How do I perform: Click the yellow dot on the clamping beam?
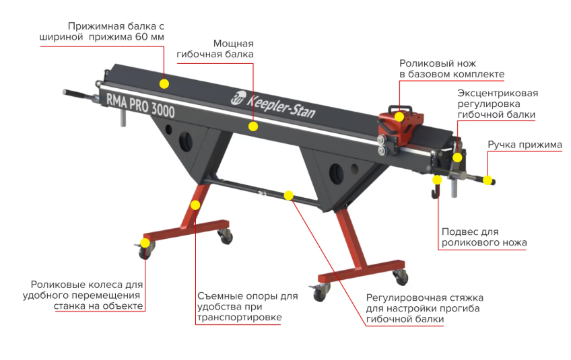pyautogui.click(x=164, y=83)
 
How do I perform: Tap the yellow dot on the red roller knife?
pyautogui.click(x=399, y=117)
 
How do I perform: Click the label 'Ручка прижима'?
pyautogui.click(x=525, y=145)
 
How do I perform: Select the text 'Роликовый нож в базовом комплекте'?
pyautogui.click(x=452, y=69)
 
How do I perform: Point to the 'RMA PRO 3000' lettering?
pyautogui.click(x=141, y=105)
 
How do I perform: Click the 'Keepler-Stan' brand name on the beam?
pyautogui.click(x=281, y=106)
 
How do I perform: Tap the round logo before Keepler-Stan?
pyautogui.click(x=238, y=97)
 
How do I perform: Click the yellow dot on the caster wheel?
pyautogui.click(x=145, y=243)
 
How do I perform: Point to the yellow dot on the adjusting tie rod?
pyautogui.click(x=288, y=195)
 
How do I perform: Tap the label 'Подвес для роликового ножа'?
pyautogui.click(x=484, y=237)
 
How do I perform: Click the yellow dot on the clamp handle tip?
pyautogui.click(x=488, y=180)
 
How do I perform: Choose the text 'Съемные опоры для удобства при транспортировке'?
pyautogui.click(x=247, y=306)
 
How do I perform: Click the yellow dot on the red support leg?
pyautogui.click(x=195, y=205)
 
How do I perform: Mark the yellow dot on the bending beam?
pyautogui.click(x=253, y=127)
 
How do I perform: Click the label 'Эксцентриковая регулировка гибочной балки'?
pyautogui.click(x=498, y=104)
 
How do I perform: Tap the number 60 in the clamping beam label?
pyautogui.click(x=141, y=37)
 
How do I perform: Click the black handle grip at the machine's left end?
pyautogui.click(x=73, y=94)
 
